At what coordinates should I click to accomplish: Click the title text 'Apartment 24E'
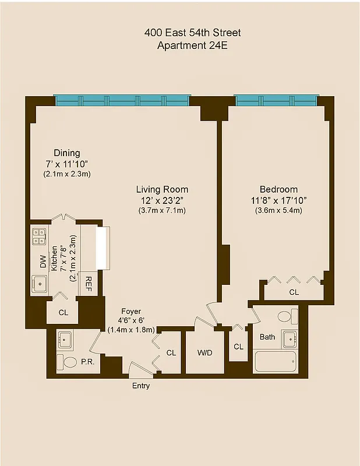(192, 45)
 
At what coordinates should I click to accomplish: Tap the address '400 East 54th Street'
(192, 33)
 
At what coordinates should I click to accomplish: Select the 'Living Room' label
(162, 189)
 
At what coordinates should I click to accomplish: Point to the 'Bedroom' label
(278, 189)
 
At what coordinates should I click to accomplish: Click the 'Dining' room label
(66, 153)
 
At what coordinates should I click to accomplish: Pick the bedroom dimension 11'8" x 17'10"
(278, 200)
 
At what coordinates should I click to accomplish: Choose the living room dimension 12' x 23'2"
(162, 200)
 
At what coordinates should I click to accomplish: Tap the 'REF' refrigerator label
(89, 284)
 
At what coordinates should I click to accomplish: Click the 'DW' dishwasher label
(43, 262)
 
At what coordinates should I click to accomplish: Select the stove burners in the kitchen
(39, 236)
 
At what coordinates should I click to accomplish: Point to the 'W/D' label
(205, 352)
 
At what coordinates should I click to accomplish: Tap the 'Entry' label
(141, 386)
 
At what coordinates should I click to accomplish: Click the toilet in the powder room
(68, 362)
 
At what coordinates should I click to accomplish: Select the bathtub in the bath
(276, 362)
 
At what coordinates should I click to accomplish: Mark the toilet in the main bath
(285, 317)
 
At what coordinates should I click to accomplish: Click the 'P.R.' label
(88, 362)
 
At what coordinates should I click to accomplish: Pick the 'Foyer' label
(131, 312)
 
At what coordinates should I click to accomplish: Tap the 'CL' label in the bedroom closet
(294, 292)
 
